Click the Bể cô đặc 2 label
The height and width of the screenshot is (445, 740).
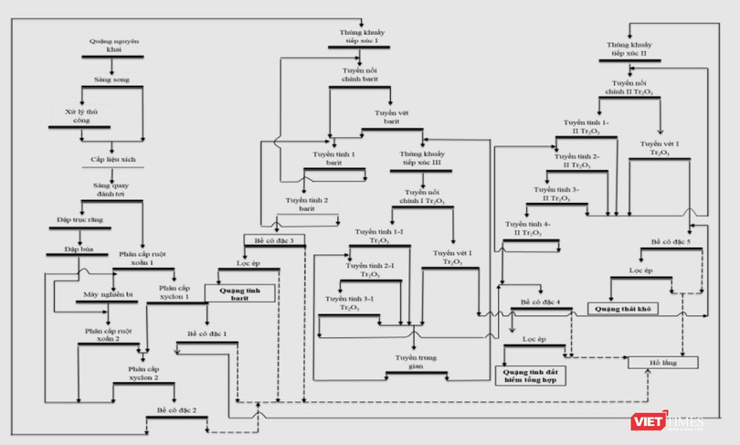(175, 410)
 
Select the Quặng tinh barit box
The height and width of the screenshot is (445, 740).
(246, 295)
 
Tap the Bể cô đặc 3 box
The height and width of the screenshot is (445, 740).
(273, 240)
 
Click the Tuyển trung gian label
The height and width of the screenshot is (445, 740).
(416, 362)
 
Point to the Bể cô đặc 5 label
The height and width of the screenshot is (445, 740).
(671, 241)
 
